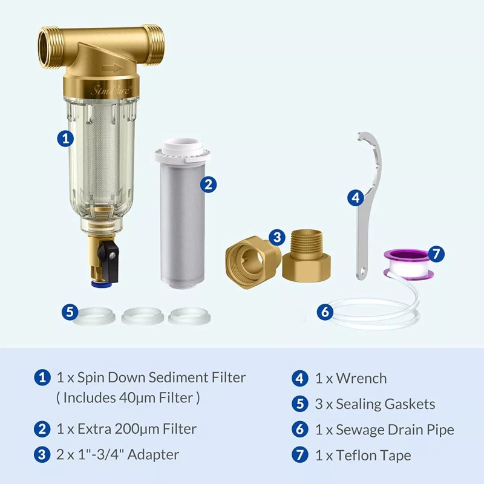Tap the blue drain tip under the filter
pyautogui.click(x=97, y=280)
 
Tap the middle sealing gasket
pyautogui.click(x=142, y=315)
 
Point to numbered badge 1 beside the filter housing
pyautogui.click(x=66, y=138)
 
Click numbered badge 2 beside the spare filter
pyautogui.click(x=208, y=185)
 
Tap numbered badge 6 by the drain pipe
pyautogui.click(x=325, y=312)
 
